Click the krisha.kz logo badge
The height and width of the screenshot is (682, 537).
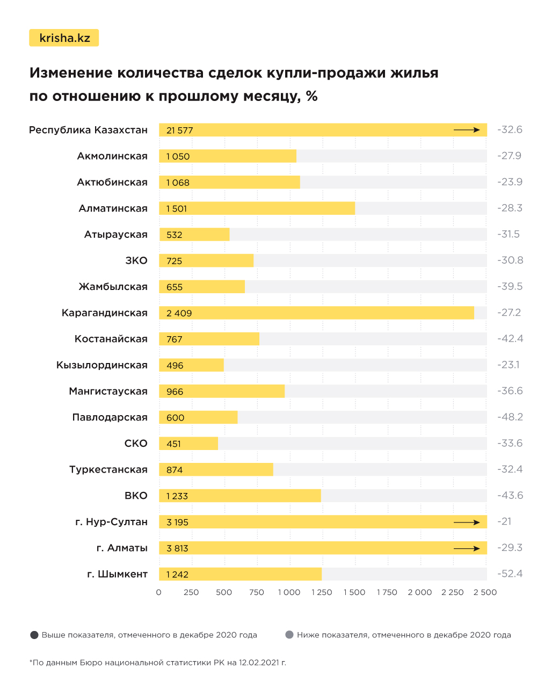(x=64, y=38)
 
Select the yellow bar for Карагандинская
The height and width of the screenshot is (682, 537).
(x=316, y=313)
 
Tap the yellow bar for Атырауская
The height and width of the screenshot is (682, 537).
(x=194, y=235)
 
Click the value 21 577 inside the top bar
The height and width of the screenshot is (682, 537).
(x=179, y=130)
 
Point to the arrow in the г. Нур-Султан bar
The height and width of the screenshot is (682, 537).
(x=466, y=522)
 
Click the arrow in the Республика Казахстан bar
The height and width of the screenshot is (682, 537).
(x=466, y=130)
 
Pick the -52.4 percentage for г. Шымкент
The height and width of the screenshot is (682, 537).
(x=510, y=574)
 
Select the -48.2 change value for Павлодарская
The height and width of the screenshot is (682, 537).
(x=510, y=417)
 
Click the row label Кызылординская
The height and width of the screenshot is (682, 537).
(x=102, y=365)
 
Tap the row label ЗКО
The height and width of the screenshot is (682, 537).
(x=136, y=260)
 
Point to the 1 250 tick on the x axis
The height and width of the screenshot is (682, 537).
(x=322, y=592)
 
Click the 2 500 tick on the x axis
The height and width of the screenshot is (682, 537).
(x=485, y=592)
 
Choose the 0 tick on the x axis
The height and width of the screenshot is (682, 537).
(x=158, y=592)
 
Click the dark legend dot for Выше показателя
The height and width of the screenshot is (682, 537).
(x=34, y=635)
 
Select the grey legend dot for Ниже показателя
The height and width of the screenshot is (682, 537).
(x=289, y=635)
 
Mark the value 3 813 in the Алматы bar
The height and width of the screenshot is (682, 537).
(x=177, y=548)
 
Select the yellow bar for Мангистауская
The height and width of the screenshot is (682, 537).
(x=222, y=391)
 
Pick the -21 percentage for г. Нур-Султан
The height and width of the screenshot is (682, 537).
(x=504, y=521)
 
